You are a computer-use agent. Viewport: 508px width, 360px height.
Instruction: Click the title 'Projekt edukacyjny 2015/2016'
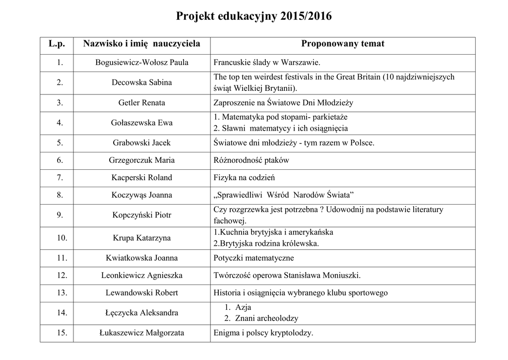[254, 17]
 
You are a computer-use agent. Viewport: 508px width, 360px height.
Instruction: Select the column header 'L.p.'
[57, 44]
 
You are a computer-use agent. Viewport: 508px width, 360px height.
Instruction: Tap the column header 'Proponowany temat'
[342, 44]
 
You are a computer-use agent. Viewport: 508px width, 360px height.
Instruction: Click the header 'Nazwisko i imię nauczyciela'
[142, 44]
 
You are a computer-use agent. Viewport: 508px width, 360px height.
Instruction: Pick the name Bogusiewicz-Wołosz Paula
[142, 63]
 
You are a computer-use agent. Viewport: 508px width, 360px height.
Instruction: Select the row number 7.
[60, 178]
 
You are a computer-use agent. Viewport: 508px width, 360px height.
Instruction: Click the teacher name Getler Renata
[142, 103]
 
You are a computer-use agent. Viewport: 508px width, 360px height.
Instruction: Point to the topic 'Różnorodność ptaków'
[251, 160]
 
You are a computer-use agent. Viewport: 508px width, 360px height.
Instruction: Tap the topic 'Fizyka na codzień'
[244, 178]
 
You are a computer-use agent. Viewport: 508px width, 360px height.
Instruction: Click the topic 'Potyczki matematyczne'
[254, 258]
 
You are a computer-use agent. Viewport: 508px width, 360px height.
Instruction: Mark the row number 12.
[62, 276]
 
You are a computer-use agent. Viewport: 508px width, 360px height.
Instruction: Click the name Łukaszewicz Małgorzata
[142, 333]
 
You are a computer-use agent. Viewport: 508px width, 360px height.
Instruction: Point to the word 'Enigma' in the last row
[226, 333]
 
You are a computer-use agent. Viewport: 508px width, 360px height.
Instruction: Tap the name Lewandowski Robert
[142, 293]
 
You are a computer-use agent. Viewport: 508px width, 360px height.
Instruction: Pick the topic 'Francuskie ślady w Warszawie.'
[267, 63]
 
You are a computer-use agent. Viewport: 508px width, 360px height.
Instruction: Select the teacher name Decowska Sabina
[142, 82]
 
